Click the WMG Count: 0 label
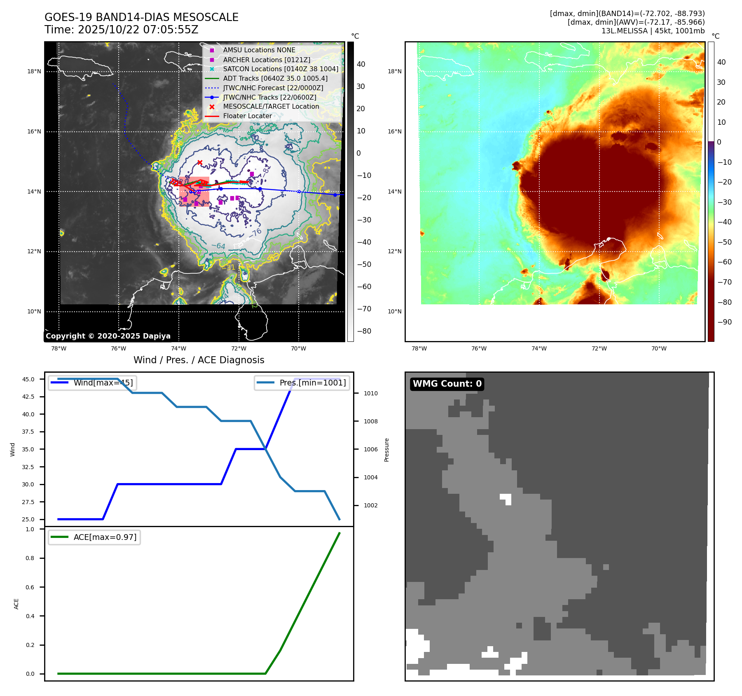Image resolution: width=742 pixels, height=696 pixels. click(x=447, y=384)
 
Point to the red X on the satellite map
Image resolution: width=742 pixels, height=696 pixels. click(x=200, y=163)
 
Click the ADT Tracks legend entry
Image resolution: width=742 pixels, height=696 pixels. click(x=275, y=78)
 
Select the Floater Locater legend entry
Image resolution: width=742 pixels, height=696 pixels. click(x=247, y=116)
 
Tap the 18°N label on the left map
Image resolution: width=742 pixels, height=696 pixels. click(x=34, y=71)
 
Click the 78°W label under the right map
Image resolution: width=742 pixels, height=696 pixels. click(x=419, y=348)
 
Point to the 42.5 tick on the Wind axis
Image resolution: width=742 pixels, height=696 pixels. click(x=28, y=397)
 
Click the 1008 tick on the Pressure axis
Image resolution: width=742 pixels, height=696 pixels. click(x=370, y=421)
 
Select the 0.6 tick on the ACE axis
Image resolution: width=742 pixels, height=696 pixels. click(x=30, y=587)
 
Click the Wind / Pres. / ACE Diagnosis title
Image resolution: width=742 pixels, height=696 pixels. click(x=199, y=360)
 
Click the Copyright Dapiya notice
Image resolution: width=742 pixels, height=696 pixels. click(x=108, y=336)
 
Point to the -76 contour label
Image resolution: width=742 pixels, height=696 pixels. click(x=256, y=233)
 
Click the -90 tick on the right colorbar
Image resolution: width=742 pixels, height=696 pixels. click(x=724, y=322)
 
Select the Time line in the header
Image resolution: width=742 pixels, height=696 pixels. click(x=122, y=30)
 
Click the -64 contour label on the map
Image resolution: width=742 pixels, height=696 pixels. click(x=218, y=246)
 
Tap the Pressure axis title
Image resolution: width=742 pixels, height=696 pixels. click(x=386, y=450)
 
